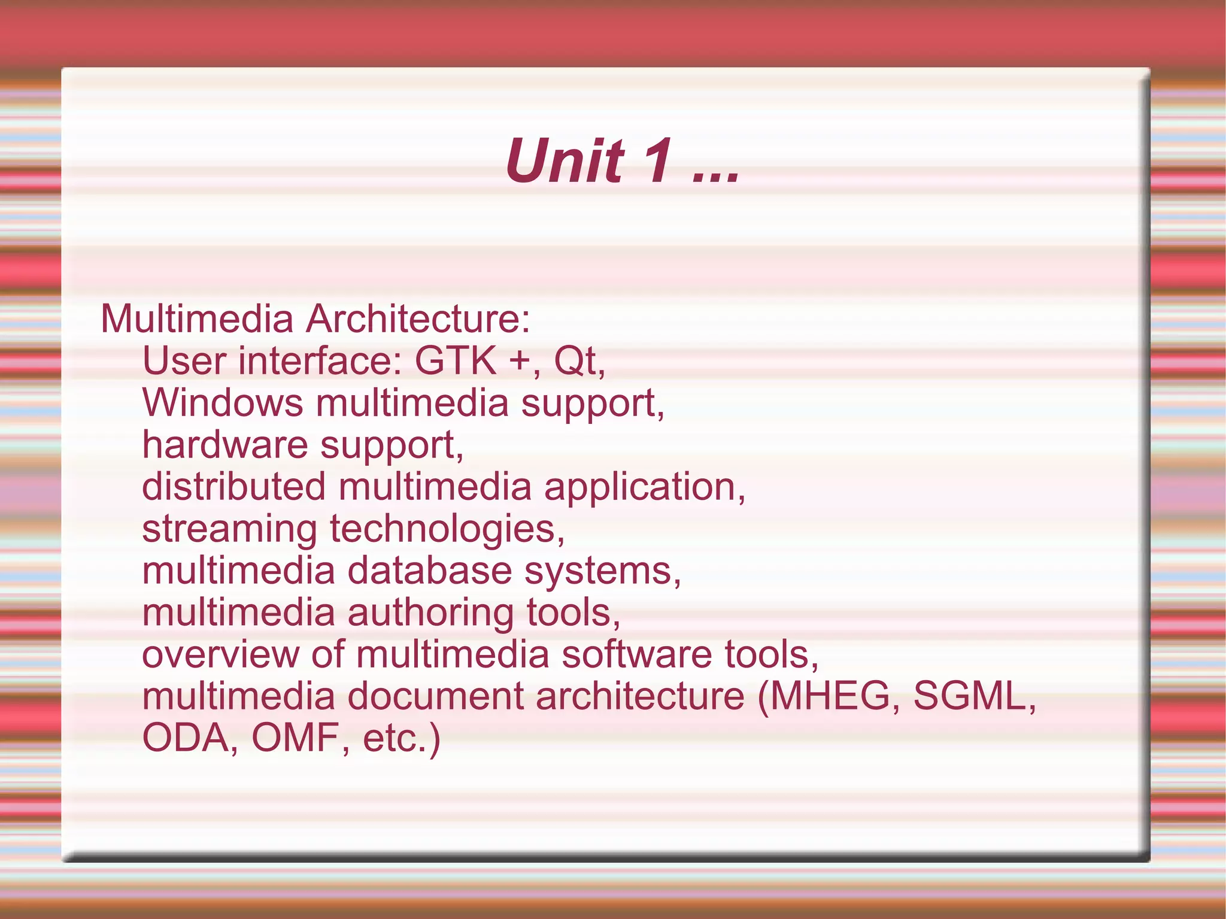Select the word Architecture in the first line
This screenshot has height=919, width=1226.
pos(418,319)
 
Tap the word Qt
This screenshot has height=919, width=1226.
pos(576,362)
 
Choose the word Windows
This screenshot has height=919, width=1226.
pos(223,402)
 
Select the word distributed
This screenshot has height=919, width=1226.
pos(234,486)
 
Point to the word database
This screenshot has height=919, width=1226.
pos(429,570)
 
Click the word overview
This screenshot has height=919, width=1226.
pos(220,654)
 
